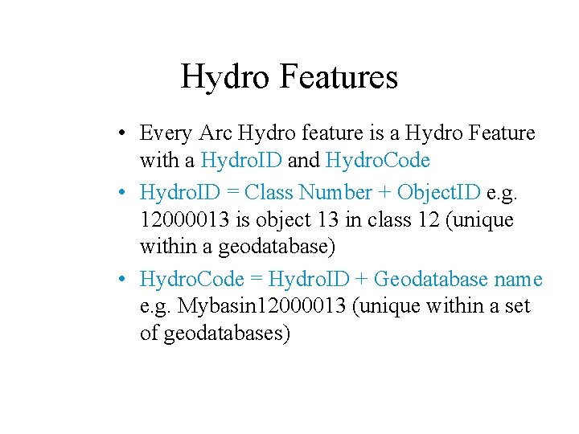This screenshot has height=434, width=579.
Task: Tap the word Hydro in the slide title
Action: click(x=226, y=77)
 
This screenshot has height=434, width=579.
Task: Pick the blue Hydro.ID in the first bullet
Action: click(x=241, y=161)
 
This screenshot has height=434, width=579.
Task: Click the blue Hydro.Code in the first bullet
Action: click(x=378, y=161)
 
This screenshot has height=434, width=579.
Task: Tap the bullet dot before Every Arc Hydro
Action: click(x=118, y=133)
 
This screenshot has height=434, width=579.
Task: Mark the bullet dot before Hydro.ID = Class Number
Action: click(x=118, y=193)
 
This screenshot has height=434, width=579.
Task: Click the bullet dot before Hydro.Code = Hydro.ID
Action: click(x=118, y=280)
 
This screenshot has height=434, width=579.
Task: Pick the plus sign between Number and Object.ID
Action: click(x=387, y=193)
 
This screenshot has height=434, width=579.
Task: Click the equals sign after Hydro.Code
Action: click(x=255, y=280)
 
